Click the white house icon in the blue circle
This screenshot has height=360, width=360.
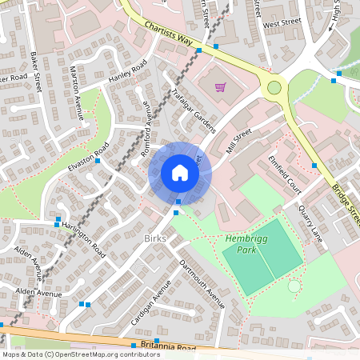click(180, 173)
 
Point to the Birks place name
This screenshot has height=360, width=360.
click(155, 239)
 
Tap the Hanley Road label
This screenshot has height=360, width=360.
click(128, 75)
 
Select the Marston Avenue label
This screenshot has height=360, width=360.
click(78, 92)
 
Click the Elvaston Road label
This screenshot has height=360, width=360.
click(89, 159)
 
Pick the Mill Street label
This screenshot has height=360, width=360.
click(238, 141)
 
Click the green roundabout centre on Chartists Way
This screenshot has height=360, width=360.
click(274, 87)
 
